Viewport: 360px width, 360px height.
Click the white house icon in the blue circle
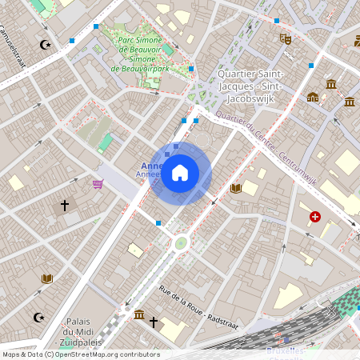[180, 172]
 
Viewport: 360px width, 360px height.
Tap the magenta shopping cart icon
[98, 184]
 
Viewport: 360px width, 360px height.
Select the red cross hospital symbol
[315, 216]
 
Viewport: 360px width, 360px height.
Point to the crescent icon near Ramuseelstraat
[45, 45]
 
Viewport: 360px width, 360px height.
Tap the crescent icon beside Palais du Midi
[38, 318]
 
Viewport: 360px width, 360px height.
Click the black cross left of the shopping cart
[65, 206]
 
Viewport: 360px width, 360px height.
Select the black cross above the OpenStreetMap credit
[154, 322]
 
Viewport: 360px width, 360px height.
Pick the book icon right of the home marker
[235, 189]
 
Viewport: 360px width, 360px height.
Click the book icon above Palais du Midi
[46, 278]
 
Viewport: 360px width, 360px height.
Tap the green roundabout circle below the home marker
[181, 242]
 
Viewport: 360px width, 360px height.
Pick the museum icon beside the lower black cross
[139, 314]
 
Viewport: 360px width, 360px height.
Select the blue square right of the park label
[191, 69]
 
